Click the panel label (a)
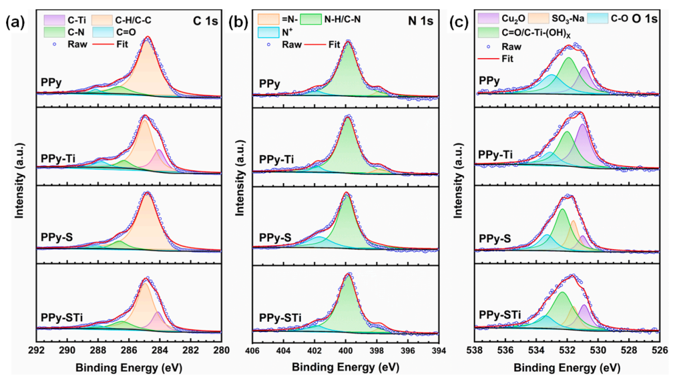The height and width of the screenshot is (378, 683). point(15,21)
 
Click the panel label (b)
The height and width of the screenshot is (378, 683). point(238,21)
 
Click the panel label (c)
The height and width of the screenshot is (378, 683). point(460,21)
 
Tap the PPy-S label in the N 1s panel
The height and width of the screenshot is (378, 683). point(275,238)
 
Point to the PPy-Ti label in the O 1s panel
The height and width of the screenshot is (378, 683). point(495,155)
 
